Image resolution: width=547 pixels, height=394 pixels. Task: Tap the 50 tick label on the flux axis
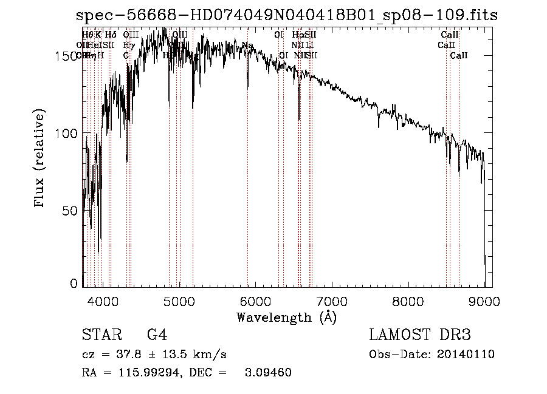[x=69, y=210]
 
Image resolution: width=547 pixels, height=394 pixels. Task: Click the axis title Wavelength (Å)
[x=286, y=317]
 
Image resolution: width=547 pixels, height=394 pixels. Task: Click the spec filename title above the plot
[x=286, y=15]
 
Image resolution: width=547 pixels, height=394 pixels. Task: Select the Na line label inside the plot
[x=247, y=46]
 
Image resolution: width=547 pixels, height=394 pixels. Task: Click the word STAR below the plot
[x=99, y=335]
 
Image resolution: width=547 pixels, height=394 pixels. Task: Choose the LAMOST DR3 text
[x=419, y=335]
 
